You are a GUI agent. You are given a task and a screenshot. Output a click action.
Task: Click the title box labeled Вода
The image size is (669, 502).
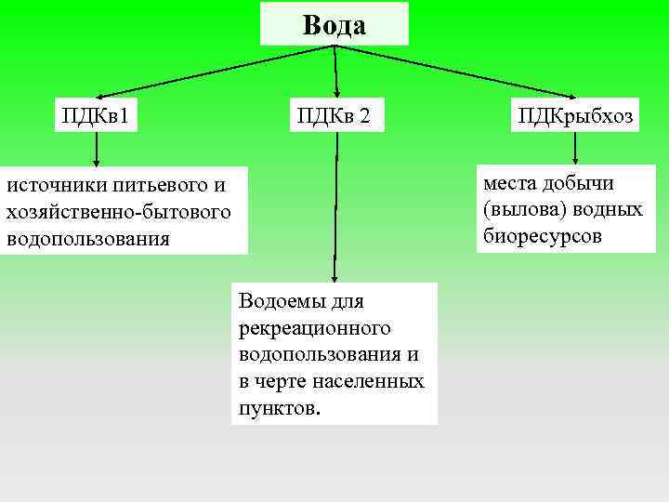tap(334, 25)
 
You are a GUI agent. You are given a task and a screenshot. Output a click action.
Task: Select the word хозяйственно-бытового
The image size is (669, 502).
tap(118, 212)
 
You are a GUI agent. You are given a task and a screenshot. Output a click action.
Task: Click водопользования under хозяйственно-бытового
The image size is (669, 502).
tap(88, 238)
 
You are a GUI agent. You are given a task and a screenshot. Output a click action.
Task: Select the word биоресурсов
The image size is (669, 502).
tap(542, 236)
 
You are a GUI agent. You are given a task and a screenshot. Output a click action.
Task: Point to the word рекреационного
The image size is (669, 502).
tap(313, 328)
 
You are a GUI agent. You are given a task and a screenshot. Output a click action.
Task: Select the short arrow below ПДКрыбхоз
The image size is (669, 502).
tap(575, 150)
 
